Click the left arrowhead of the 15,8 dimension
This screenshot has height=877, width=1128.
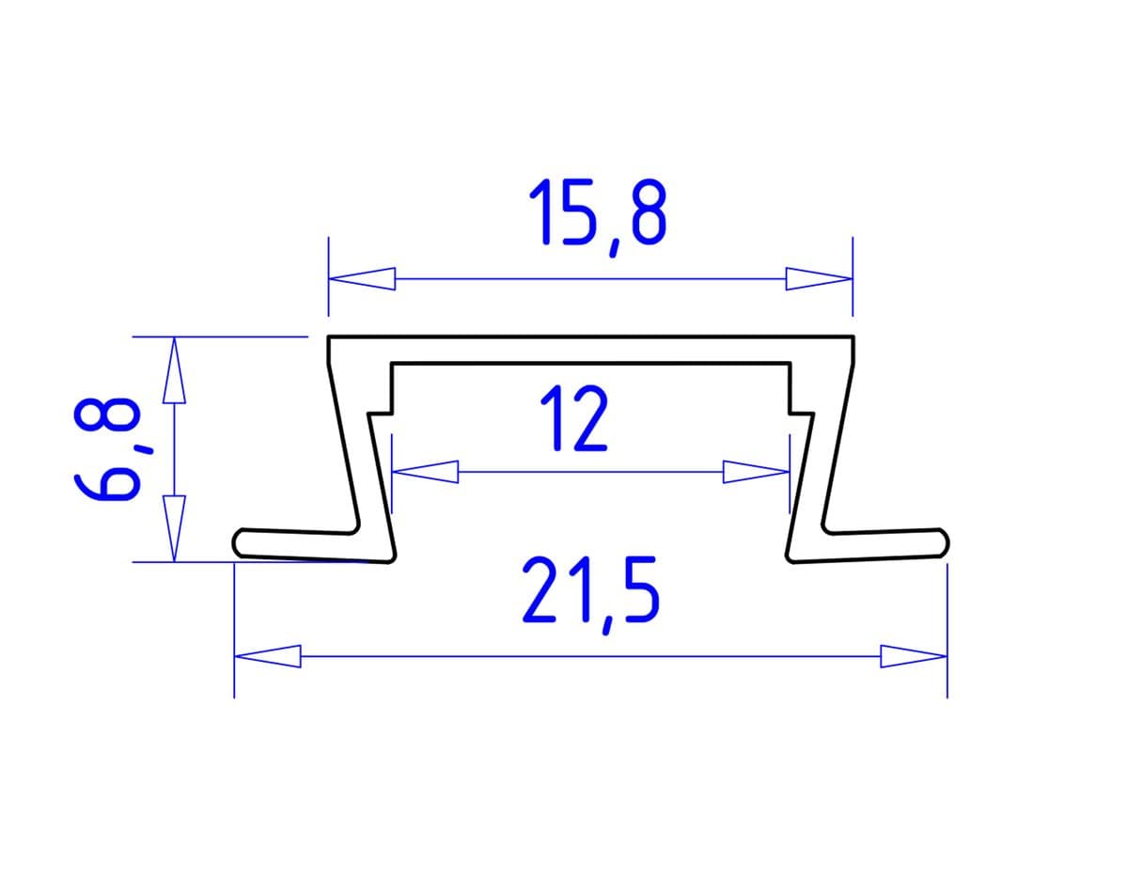[x=362, y=278]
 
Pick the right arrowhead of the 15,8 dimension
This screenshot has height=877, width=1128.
[x=819, y=278]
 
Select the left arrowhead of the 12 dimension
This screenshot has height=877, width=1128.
[x=425, y=471]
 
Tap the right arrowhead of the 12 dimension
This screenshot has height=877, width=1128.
[x=755, y=471]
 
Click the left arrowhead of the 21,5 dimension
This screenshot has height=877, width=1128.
[x=267, y=655]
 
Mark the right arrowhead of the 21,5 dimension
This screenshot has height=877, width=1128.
[x=913, y=655]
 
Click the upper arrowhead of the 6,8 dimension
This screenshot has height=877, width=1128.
[x=173, y=370]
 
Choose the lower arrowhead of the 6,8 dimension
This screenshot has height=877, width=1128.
[x=173, y=528]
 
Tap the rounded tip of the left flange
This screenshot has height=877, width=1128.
[x=239, y=542]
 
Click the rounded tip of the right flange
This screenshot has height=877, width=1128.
[x=943, y=542]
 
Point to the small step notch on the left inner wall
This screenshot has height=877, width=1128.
[x=382, y=411]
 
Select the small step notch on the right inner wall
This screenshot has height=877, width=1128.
[x=800, y=411]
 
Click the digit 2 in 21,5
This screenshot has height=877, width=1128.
[x=541, y=591]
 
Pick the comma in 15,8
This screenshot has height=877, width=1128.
[x=614, y=246]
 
